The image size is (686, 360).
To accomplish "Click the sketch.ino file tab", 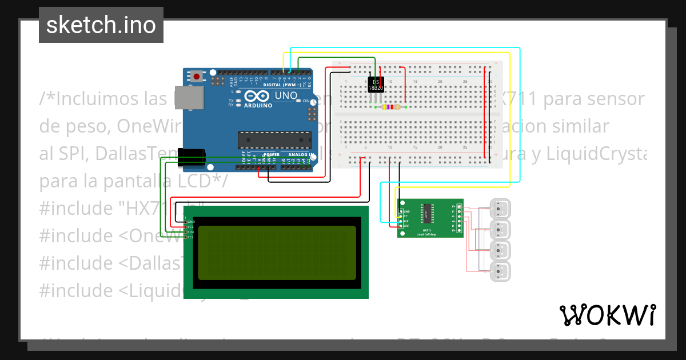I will [x=101, y=25].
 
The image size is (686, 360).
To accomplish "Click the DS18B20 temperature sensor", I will [x=376, y=84].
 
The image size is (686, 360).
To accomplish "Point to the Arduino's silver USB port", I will [x=188, y=98].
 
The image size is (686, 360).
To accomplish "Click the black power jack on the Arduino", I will [x=191, y=157].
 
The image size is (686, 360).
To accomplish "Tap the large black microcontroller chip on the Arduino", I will [x=274, y=140].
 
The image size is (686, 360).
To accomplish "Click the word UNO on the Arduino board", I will [x=286, y=95].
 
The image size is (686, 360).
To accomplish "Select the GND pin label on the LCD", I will [x=191, y=221].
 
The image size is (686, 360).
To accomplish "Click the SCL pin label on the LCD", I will [x=191, y=238].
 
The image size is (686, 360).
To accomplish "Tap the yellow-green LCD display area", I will [x=277, y=253].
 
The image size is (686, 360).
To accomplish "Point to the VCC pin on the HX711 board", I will [x=406, y=226].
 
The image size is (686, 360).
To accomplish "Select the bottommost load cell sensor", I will [x=501, y=272].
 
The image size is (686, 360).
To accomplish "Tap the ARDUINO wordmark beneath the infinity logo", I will [x=258, y=106].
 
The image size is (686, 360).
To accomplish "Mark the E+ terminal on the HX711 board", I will [x=454, y=206].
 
